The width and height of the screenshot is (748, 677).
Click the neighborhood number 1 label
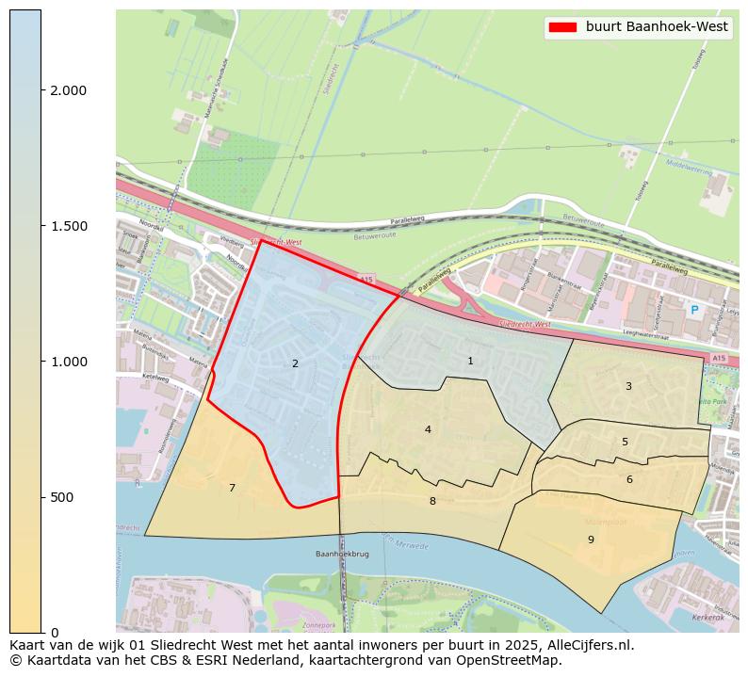[x=470, y=361]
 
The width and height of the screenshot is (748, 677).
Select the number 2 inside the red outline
[x=295, y=363]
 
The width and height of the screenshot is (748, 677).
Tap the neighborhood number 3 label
[x=628, y=386]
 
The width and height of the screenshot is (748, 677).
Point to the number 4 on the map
[x=428, y=429]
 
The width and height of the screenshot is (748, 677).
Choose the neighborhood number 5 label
[x=625, y=442]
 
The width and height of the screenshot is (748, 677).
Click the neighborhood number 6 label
[x=629, y=479]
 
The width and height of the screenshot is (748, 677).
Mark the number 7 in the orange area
[x=232, y=488]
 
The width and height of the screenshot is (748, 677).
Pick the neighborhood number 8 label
[x=432, y=501]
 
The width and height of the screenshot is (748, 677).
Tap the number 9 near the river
[x=591, y=540]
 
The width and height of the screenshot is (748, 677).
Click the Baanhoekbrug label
[x=339, y=555]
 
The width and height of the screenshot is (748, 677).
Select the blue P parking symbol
[x=694, y=310]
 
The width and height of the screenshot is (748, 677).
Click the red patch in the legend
[x=562, y=27]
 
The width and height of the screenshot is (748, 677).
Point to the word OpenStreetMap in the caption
[x=513, y=660]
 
